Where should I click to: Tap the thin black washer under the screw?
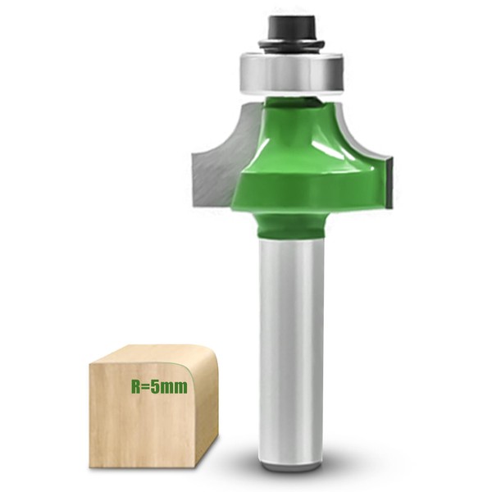click(291, 44)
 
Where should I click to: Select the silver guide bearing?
click(291, 72)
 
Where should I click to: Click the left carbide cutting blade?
click(215, 168)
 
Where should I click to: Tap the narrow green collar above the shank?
click(290, 223)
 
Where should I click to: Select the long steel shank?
click(290, 344)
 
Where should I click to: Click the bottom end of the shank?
click(290, 465)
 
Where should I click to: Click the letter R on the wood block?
click(136, 386)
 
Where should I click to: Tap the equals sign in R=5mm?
click(148, 386)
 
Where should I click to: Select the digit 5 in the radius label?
click(157, 386)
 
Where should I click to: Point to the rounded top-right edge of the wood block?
click(205, 357)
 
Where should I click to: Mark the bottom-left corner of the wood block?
click(91, 466)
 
